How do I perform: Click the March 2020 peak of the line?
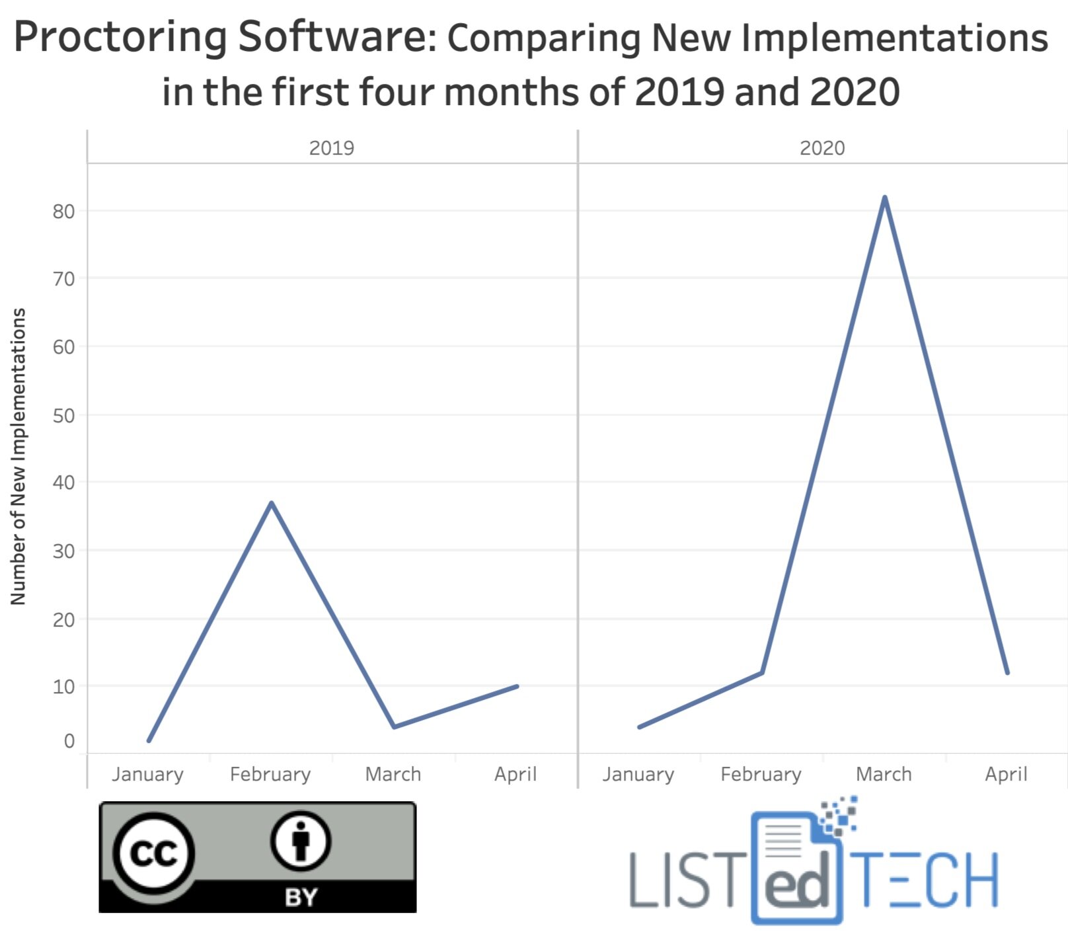(884, 198)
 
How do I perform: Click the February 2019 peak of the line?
(271, 503)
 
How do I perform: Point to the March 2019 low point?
(394, 726)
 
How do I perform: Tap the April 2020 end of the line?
(1007, 673)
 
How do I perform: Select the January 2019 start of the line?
(149, 740)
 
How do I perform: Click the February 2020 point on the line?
(762, 673)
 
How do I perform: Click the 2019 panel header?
(331, 148)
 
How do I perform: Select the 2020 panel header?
(822, 148)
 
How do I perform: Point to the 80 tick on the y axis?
(64, 212)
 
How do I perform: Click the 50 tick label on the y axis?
(64, 416)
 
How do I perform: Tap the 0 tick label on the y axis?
(69, 741)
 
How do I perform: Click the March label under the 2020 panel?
(884, 774)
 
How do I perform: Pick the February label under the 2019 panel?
(270, 774)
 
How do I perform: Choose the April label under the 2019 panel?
(515, 774)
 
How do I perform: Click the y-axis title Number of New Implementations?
(19, 456)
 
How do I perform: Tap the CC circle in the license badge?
(154, 853)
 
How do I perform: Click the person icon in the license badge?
(301, 841)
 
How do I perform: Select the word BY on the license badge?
(301, 897)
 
